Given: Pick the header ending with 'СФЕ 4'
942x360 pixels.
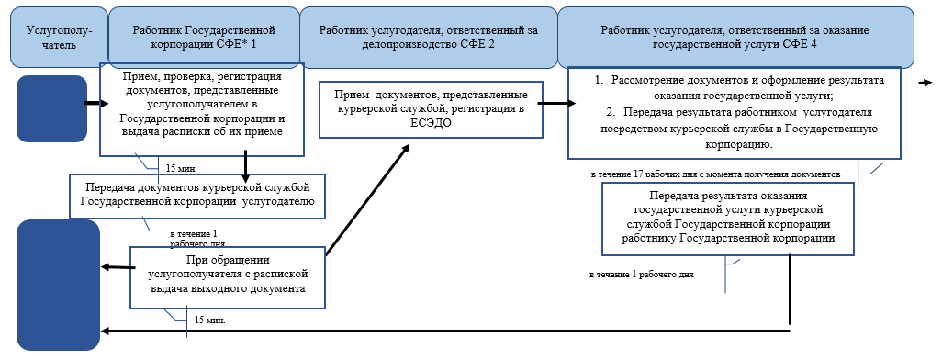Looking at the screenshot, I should click(734, 36).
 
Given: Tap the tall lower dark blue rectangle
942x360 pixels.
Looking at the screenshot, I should click(58, 285).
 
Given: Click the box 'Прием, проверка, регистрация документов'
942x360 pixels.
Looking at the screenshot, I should click(202, 102).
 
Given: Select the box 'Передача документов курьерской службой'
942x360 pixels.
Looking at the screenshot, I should click(198, 195).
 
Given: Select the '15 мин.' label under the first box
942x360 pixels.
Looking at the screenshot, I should click(182, 169).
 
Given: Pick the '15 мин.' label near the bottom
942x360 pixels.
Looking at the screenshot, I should click(209, 321).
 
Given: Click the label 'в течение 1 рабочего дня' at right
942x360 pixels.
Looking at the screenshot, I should click(640, 274).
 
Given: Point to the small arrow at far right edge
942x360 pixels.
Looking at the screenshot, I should click(926, 83).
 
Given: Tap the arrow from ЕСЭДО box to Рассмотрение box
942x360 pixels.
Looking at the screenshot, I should click(552, 103).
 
